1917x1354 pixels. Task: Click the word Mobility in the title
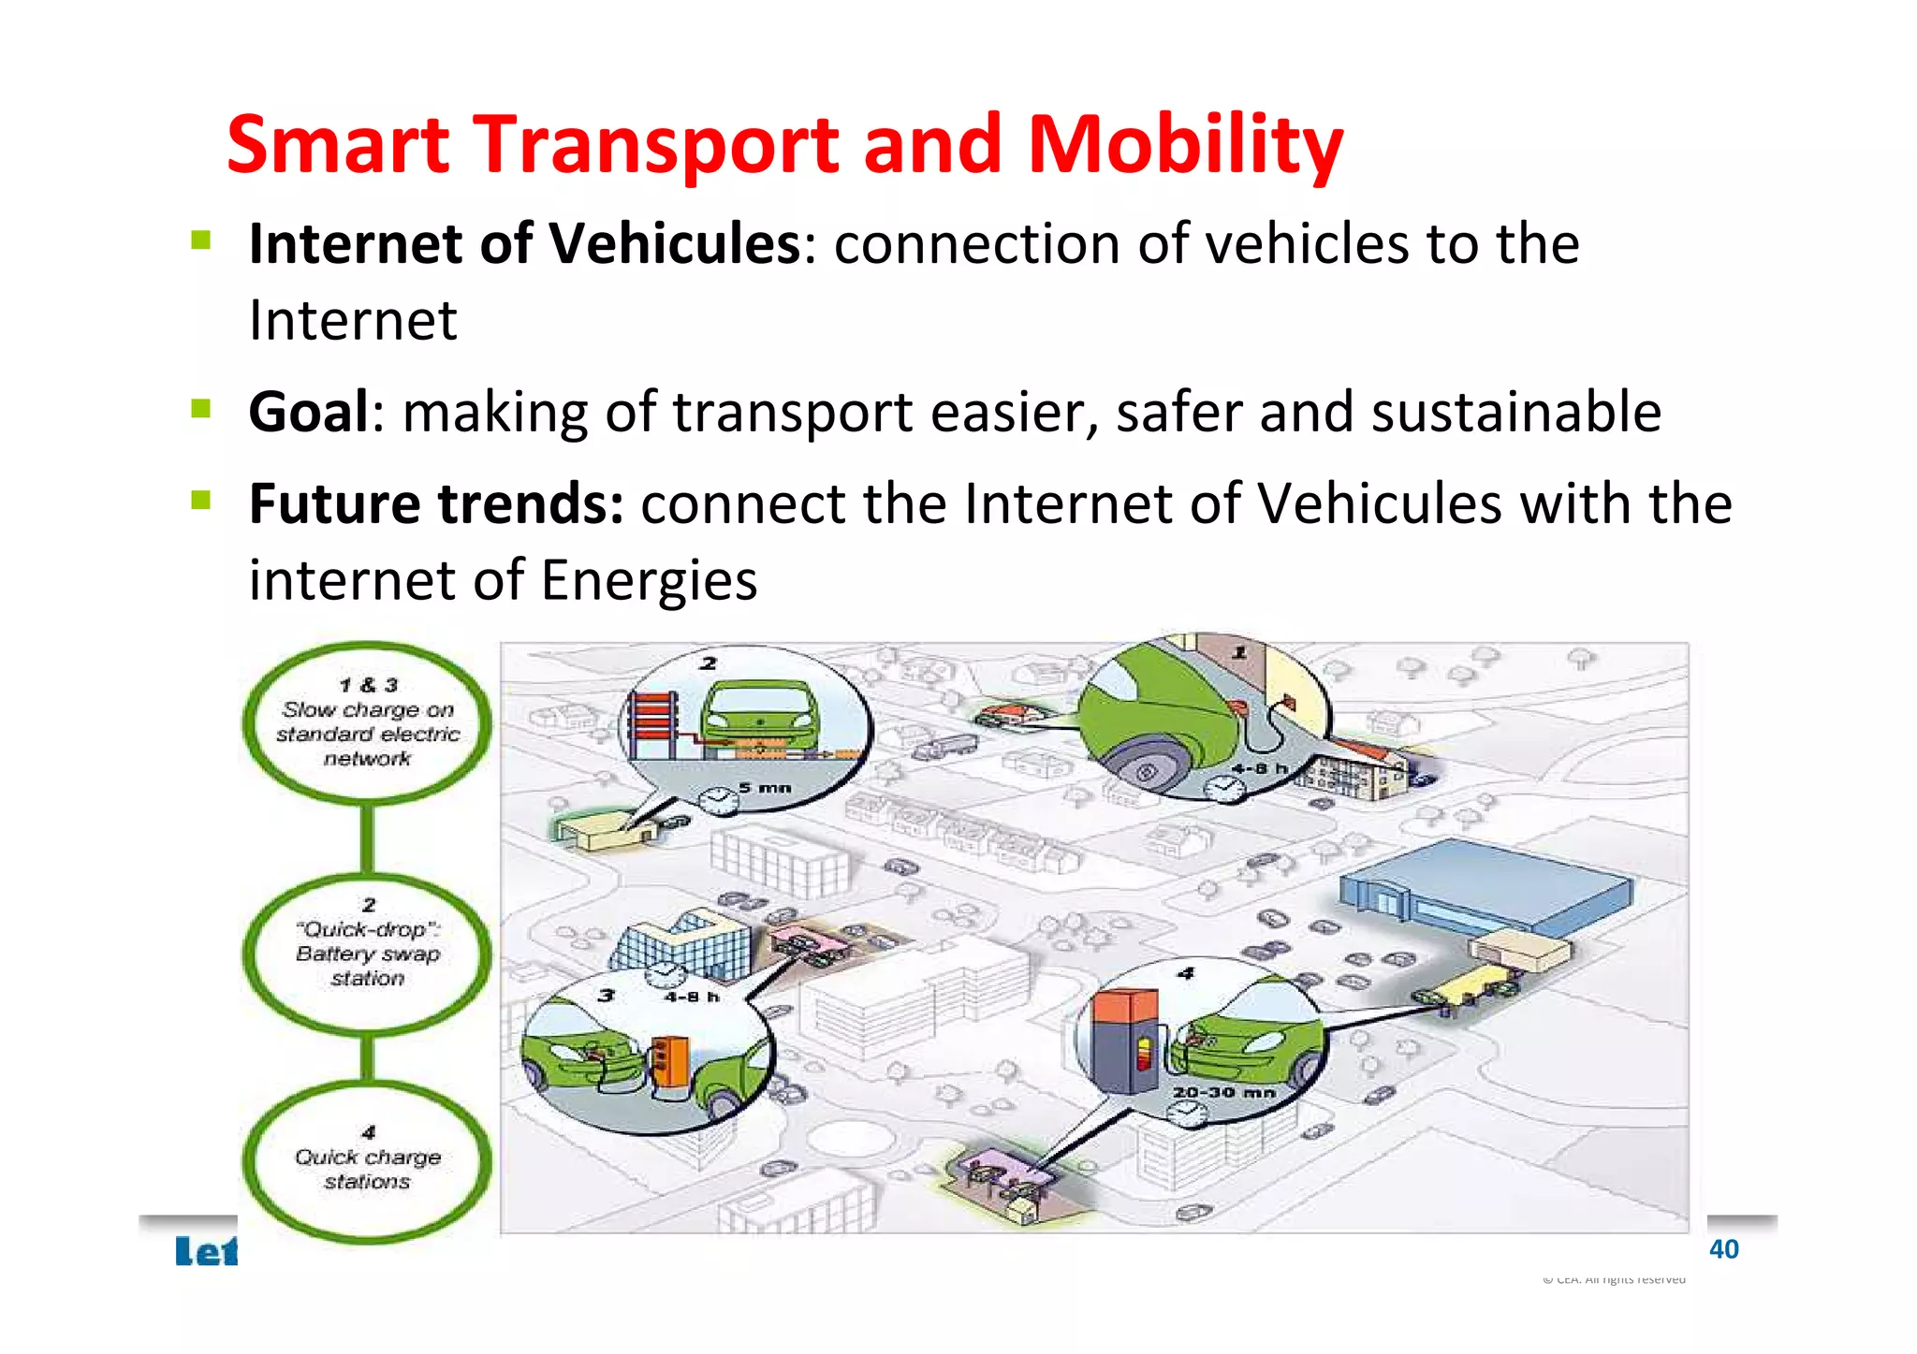tap(1184, 145)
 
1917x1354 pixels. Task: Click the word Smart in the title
tap(339, 145)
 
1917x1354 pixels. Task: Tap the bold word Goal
tap(309, 412)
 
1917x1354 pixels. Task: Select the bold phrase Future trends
tap(436, 503)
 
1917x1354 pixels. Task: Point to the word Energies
tap(649, 580)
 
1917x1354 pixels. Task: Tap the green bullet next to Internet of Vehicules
tap(201, 240)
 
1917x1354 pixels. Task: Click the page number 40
tap(1723, 1249)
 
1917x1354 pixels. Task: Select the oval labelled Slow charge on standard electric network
tap(367, 722)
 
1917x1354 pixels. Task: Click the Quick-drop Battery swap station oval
tap(367, 953)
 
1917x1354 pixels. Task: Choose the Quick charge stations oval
tap(367, 1162)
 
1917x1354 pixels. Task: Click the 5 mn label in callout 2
tap(765, 788)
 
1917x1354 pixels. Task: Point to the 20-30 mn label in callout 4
tap(1224, 1092)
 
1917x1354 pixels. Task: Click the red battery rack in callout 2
tap(651, 725)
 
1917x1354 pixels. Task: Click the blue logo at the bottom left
tap(207, 1251)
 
